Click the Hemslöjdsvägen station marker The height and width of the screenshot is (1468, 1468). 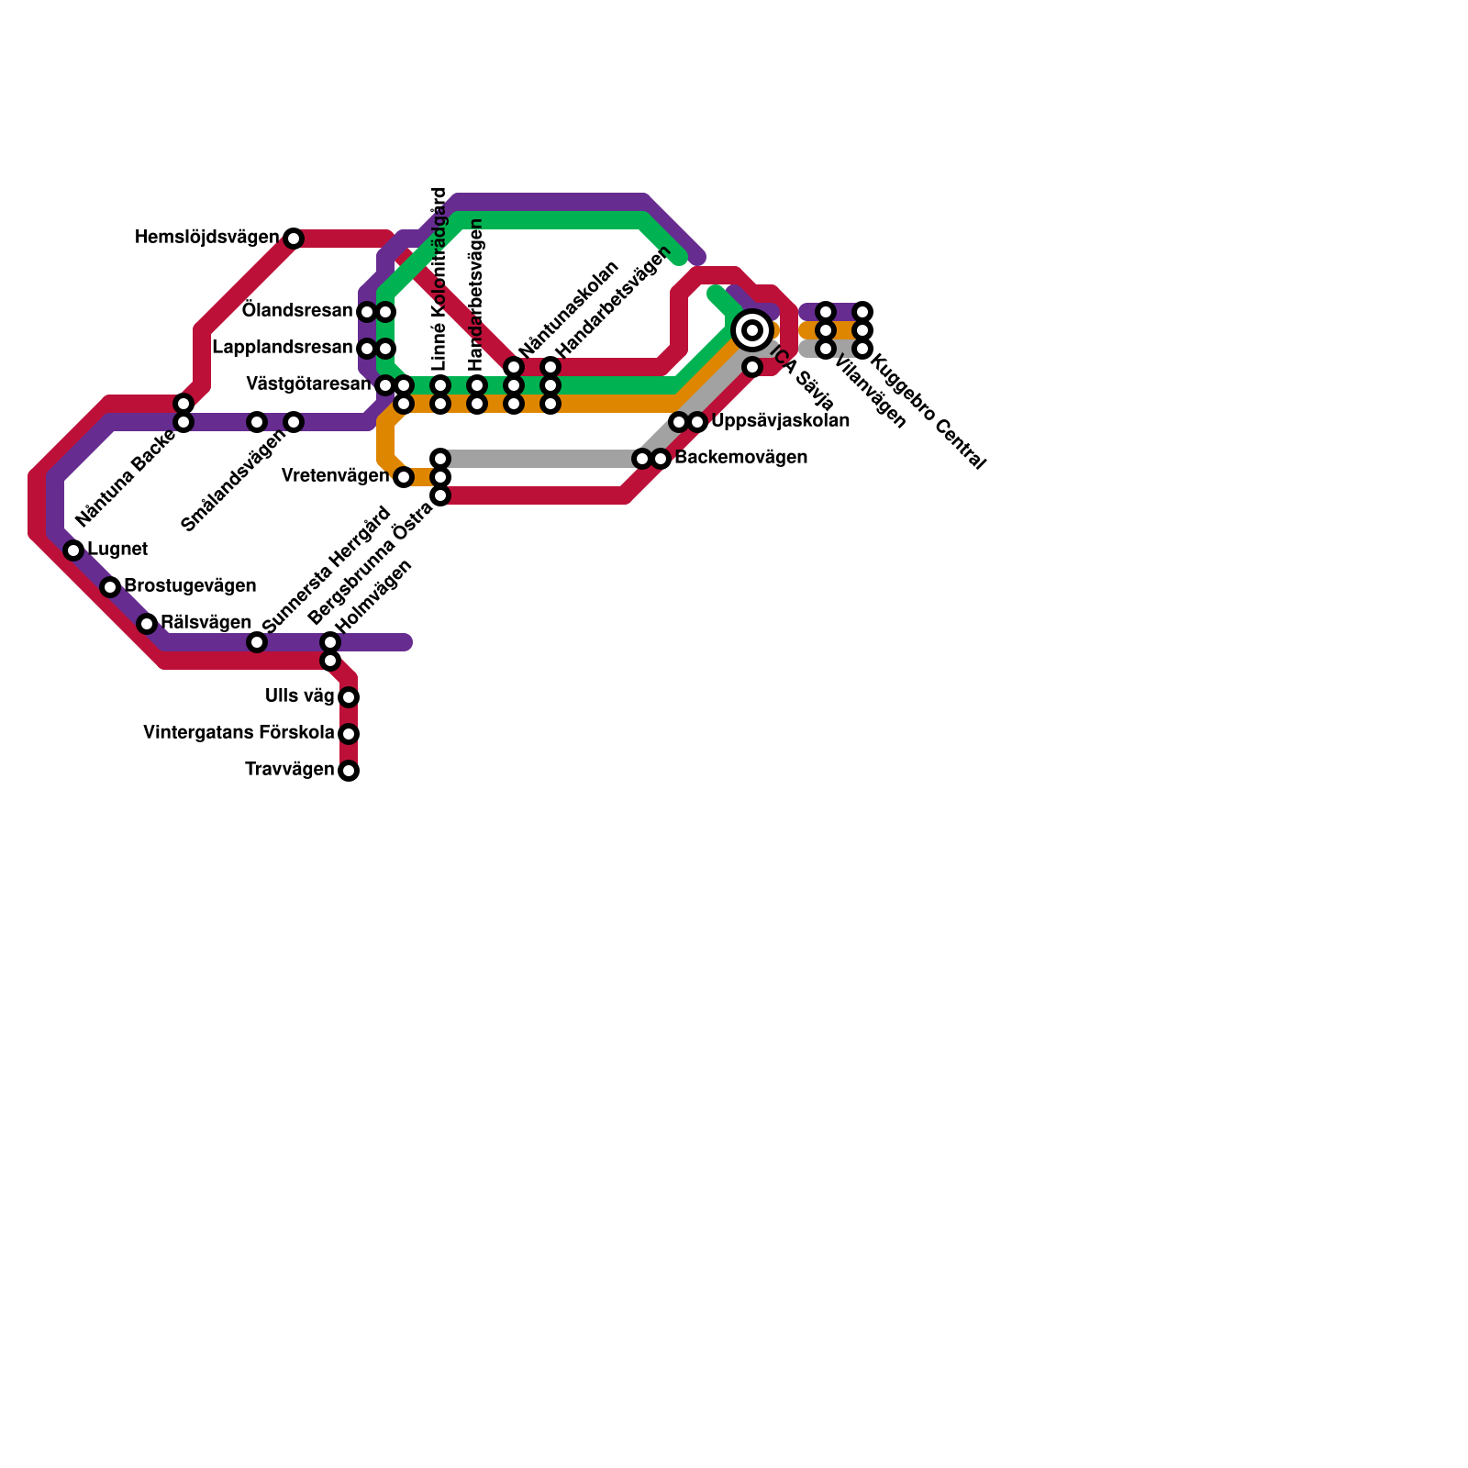click(294, 239)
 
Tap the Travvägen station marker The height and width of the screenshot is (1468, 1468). click(349, 771)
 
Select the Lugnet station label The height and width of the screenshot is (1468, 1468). click(117, 550)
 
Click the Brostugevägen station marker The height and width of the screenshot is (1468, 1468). click(110, 587)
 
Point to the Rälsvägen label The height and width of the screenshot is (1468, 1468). click(206, 622)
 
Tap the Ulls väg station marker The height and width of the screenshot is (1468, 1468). click(349, 697)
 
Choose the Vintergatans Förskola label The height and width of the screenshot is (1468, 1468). click(239, 733)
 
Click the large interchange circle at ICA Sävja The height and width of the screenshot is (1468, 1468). click(752, 330)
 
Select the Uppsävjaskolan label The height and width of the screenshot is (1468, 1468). click(780, 422)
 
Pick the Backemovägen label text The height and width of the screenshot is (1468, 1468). click(740, 458)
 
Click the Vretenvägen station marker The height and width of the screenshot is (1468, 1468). click(404, 477)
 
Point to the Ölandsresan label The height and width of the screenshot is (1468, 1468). click(297, 311)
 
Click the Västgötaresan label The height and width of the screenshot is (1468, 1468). click(308, 384)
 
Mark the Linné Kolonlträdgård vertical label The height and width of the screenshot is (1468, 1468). click(439, 279)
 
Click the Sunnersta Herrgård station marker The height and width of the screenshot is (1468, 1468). click(257, 642)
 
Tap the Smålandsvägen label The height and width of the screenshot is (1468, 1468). click(233, 481)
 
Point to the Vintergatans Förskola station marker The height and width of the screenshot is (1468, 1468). click(349, 734)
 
